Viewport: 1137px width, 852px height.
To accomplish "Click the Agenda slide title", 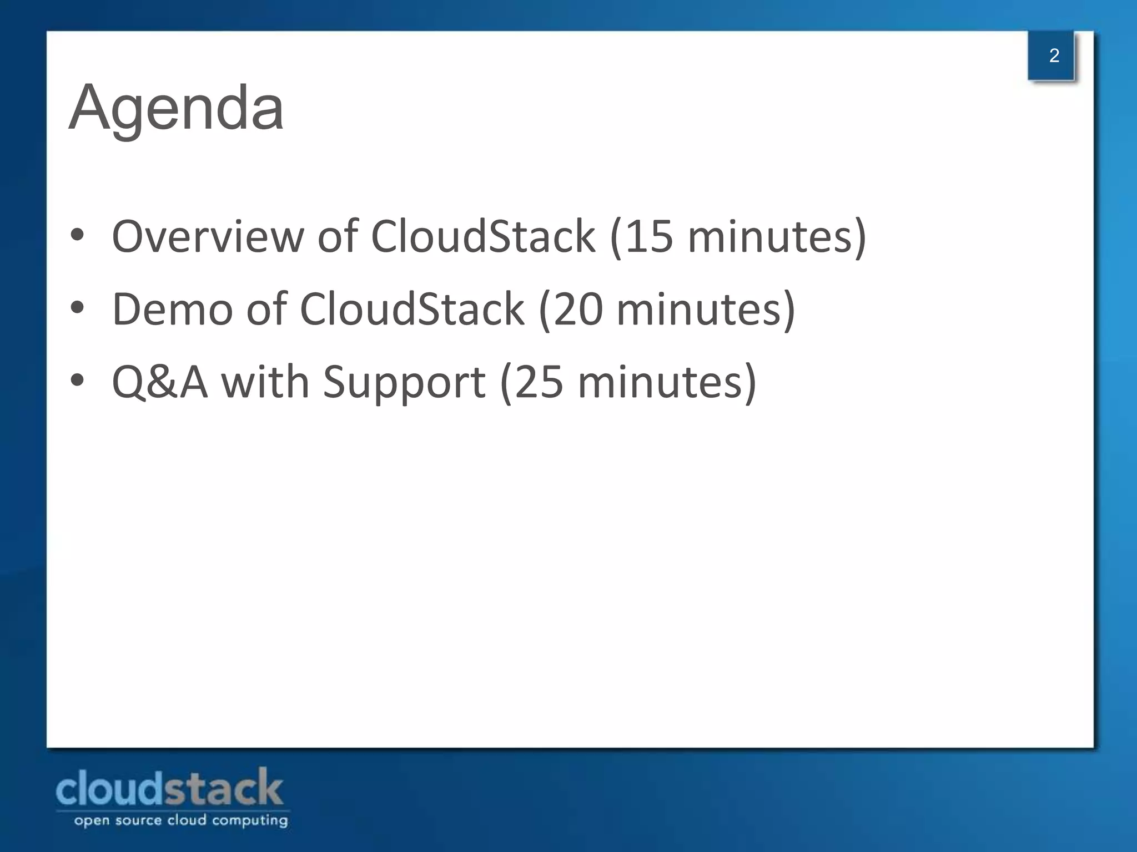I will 176,108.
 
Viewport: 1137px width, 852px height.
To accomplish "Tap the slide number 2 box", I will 1053,55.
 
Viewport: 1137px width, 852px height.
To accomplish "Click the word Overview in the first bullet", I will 208,236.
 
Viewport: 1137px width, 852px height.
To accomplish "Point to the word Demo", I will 172,310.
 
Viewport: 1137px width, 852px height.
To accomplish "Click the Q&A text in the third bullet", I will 160,382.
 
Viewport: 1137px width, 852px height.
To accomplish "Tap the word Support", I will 404,382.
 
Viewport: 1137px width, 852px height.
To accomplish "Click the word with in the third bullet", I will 265,382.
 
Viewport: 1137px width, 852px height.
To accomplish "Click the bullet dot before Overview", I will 77,235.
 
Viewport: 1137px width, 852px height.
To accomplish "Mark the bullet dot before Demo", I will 77,308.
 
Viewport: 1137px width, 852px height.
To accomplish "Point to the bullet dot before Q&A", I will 77,381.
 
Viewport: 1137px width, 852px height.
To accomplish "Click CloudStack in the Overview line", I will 482,236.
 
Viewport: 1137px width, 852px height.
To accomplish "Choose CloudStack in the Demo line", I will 412,310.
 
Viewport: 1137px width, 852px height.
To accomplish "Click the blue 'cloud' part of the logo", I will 109,789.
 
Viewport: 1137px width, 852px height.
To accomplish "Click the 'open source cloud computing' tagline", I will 181,820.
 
